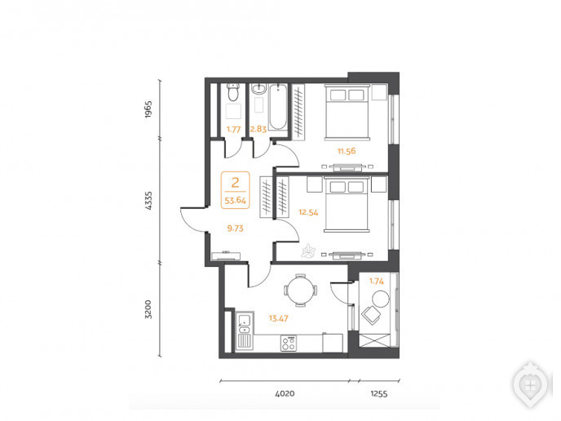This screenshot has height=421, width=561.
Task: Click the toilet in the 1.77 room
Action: point(234,92)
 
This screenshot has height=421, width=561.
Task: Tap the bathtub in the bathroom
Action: point(277,107)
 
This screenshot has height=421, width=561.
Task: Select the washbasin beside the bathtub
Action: point(258,89)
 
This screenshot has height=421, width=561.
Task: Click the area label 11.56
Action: point(347,151)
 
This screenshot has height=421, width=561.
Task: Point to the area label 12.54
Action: point(308,212)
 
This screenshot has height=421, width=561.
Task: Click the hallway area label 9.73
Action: point(235,228)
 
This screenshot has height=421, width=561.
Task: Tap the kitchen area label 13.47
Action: point(278,318)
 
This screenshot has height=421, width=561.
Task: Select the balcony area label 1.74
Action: point(377,281)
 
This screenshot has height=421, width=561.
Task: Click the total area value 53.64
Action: point(235,201)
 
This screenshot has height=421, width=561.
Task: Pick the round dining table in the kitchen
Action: point(301,290)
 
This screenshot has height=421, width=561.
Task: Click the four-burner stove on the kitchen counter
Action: point(289,343)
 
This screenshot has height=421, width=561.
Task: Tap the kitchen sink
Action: point(245,324)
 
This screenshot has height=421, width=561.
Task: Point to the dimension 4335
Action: point(148,201)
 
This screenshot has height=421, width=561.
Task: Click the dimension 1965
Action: point(148,109)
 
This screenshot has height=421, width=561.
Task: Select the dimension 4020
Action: point(285,394)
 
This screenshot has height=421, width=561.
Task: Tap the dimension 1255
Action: point(379,394)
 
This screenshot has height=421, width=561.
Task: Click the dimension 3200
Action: point(148,309)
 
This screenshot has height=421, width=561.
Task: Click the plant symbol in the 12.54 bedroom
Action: point(308,250)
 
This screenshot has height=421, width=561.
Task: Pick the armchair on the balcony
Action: point(371,315)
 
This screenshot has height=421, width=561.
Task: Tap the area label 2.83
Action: point(258,129)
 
